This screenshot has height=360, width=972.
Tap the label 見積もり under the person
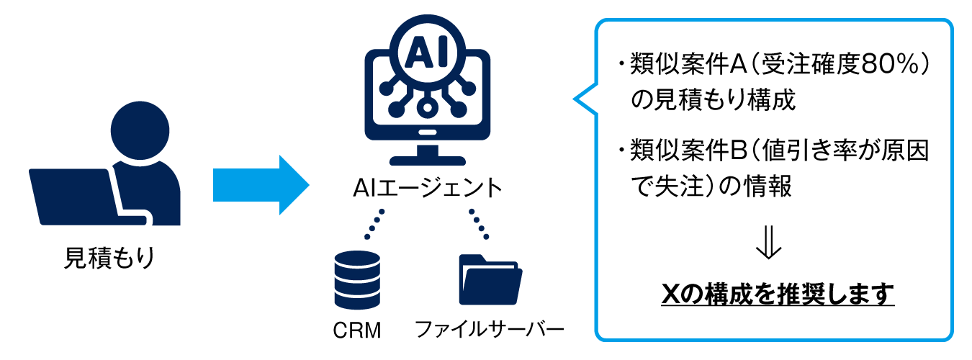pyautogui.click(x=109, y=257)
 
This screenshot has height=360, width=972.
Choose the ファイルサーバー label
pyautogui.click(x=490, y=330)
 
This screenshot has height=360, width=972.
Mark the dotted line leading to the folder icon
pyautogui.click(x=478, y=223)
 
